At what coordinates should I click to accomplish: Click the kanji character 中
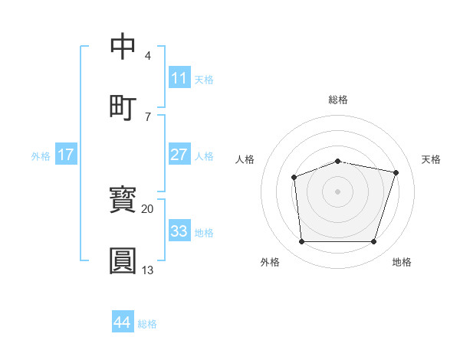click(123, 46)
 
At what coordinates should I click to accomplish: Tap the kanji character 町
click(123, 107)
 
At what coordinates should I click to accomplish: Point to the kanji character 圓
click(123, 260)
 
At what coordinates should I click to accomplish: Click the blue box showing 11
click(179, 77)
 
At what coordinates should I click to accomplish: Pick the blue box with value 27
click(179, 155)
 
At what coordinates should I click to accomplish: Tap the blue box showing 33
click(179, 231)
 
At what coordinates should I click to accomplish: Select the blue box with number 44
click(123, 322)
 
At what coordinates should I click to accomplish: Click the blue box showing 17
click(66, 155)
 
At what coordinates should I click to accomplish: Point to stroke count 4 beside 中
click(148, 56)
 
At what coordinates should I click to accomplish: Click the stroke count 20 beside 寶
click(148, 208)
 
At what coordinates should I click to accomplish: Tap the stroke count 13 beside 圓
click(148, 270)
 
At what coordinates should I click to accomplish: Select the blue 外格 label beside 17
click(41, 155)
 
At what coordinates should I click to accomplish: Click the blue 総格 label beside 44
click(147, 324)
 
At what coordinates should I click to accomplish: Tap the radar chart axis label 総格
click(338, 100)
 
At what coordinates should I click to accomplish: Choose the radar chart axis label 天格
click(432, 159)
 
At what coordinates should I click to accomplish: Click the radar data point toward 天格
click(396, 172)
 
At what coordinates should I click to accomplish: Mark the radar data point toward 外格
click(301, 242)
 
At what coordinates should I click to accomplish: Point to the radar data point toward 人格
click(294, 178)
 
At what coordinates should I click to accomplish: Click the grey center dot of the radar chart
click(337, 191)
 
